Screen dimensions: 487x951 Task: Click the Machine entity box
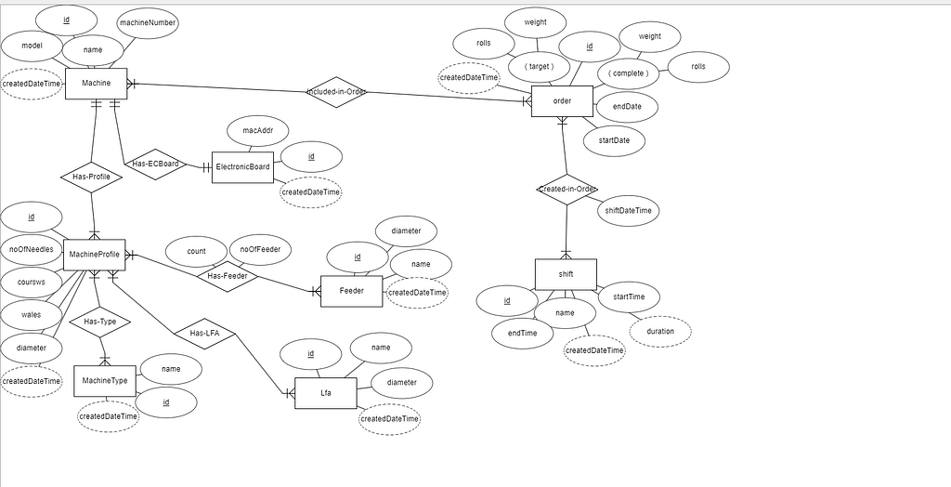(96, 84)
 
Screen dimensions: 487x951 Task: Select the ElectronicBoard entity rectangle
(242, 167)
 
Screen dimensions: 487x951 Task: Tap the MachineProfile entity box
(95, 255)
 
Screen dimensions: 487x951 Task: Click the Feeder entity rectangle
(351, 291)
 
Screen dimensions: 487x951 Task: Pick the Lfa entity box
(325, 394)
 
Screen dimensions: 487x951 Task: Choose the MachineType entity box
(105, 381)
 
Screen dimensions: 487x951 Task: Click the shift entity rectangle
(566, 274)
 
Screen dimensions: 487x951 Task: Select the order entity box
(562, 101)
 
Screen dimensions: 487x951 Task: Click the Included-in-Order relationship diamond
(336, 92)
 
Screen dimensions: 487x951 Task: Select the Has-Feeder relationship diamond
(227, 276)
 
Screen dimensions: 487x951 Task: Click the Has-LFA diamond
(203, 334)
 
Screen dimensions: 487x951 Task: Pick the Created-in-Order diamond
(567, 190)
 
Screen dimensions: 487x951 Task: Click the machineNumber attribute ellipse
(148, 22)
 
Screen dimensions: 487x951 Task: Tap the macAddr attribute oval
(257, 131)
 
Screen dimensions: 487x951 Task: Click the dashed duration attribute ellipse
(659, 331)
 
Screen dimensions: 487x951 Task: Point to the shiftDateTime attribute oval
(628, 211)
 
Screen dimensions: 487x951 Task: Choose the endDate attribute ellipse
(627, 107)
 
